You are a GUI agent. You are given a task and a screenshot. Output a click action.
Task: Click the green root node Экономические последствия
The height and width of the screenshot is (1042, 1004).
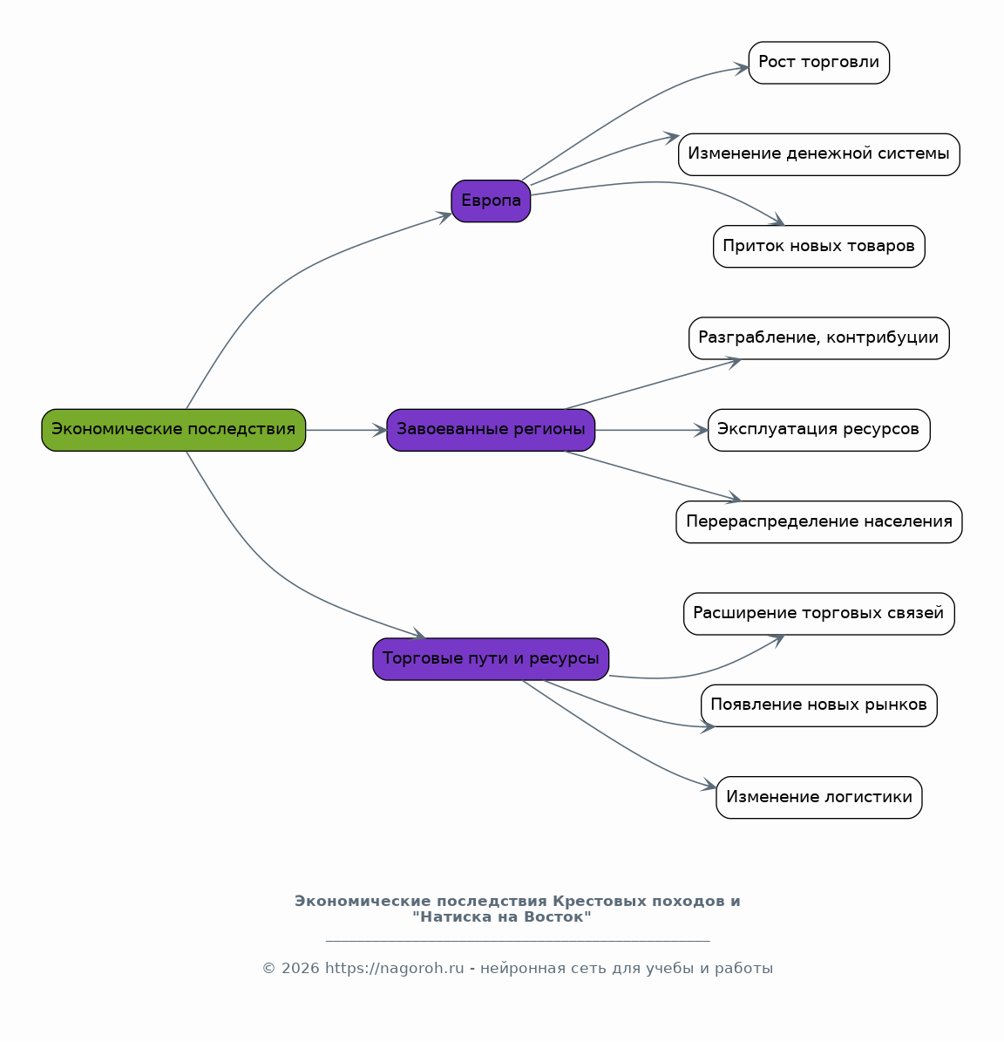point(173,430)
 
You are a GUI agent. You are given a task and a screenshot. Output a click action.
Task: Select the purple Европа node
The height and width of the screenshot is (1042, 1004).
point(491,201)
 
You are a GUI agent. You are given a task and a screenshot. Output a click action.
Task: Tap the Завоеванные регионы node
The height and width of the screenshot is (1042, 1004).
point(491,430)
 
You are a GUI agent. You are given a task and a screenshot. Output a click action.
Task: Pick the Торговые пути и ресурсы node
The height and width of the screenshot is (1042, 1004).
point(491,659)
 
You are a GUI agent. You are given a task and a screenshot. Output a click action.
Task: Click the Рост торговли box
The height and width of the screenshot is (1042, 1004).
point(818,63)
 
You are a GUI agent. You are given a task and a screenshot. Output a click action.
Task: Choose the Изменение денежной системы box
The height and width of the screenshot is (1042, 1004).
point(818,154)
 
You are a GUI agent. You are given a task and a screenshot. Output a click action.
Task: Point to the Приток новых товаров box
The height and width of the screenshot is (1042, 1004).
point(818,247)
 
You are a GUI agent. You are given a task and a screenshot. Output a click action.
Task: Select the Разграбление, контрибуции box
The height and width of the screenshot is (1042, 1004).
point(818,338)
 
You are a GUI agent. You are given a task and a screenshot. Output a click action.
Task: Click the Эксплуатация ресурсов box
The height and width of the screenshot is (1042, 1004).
point(818,430)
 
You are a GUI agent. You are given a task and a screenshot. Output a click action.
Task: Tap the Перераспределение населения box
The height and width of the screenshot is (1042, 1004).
point(818,521)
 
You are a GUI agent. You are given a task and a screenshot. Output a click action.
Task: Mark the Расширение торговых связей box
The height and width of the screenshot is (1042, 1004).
point(818,613)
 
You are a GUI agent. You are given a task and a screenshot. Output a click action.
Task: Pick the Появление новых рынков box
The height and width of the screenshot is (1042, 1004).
point(818,705)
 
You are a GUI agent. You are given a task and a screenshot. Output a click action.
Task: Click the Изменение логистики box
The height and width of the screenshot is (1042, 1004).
point(818,798)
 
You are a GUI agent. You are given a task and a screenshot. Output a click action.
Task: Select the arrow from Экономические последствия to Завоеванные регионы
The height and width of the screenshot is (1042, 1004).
point(346,430)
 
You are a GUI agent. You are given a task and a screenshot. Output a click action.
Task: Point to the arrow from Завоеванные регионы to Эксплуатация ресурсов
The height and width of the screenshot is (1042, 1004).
point(651,430)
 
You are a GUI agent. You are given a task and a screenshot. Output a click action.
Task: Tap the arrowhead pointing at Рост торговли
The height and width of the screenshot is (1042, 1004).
point(742,68)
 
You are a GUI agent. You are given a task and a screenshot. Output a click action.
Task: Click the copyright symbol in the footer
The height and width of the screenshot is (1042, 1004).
point(269,968)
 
